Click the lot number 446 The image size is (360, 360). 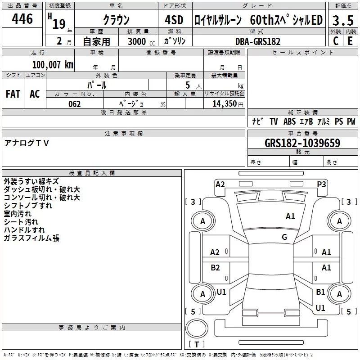tap(22, 19)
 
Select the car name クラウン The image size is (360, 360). tap(116, 20)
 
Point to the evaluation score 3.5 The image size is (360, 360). tap(343, 20)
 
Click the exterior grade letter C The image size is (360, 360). tap(335, 41)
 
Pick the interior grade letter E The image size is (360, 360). tap(350, 41)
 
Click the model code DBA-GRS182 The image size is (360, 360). tap(258, 41)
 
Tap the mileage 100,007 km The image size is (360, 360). tap(53, 65)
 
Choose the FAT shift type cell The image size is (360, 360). tap(13, 94)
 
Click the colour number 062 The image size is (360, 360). tap(75, 104)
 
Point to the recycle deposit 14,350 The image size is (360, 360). tap(224, 104)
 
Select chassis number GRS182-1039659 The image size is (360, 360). tap(302, 144)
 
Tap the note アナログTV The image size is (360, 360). tap(27, 143)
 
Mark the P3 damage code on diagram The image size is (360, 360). tap(321, 184)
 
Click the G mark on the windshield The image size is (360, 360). tap(284, 237)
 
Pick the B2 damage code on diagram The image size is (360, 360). tap(215, 268)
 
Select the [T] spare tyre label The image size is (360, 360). tap(196, 345)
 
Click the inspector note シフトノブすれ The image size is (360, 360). tap(28, 206)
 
